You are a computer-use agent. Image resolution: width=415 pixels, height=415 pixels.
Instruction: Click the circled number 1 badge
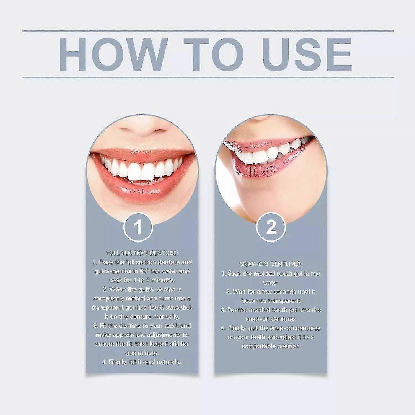point(138,227)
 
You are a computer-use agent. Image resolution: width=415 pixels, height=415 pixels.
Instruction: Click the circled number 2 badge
point(271,227)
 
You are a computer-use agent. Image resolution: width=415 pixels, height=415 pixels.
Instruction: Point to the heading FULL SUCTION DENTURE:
point(142,253)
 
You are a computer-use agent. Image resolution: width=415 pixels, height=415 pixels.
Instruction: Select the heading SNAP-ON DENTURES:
point(271,264)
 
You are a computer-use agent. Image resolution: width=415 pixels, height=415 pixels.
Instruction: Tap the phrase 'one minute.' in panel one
point(142,353)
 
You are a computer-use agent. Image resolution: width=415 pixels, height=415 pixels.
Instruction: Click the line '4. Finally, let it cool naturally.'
point(142,362)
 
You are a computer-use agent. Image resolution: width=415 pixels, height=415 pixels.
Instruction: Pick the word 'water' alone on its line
point(271,283)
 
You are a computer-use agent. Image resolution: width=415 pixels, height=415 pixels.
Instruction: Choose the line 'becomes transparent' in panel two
point(271,301)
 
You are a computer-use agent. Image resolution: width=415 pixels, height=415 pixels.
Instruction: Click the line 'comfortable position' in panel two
point(271,346)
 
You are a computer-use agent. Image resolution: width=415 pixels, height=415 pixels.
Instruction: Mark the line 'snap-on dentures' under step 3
point(271,319)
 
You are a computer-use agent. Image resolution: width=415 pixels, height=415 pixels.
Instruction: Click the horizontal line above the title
point(207,31)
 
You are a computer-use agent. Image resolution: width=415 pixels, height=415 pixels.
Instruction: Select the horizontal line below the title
point(207,77)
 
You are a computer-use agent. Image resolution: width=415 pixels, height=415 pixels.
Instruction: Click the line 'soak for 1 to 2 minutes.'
point(142,280)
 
